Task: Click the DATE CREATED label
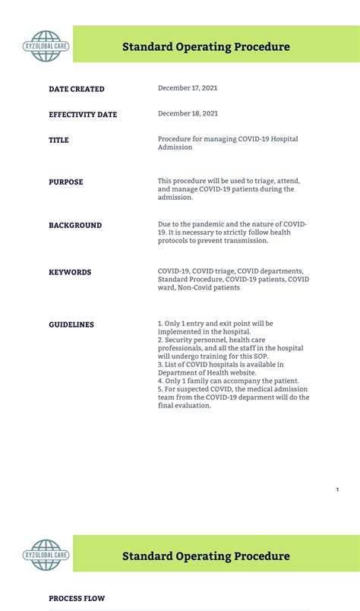[77, 89]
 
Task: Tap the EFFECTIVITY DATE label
[83, 115]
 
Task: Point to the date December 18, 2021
[188, 113]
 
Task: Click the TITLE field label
[58, 141]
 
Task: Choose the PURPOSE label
[66, 182]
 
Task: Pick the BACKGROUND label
[75, 226]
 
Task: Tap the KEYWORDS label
[70, 272]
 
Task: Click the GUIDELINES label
[71, 325]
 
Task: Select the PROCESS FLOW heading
[77, 599]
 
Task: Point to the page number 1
[337, 489]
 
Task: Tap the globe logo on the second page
[46, 556]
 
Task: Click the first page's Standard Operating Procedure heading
[206, 47]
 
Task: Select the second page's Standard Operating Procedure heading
[206, 556]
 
